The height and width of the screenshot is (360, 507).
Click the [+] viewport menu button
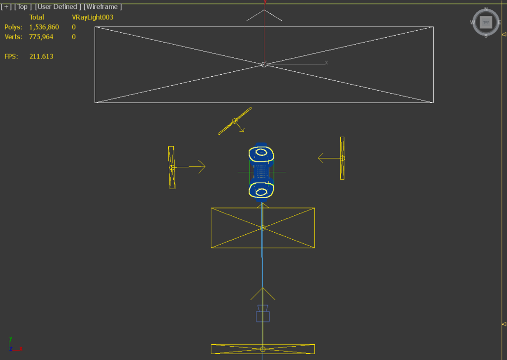(6, 7)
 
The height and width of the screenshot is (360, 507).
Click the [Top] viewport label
(23, 7)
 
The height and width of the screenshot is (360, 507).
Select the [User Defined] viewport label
(58, 7)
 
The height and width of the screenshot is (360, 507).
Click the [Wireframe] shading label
(103, 7)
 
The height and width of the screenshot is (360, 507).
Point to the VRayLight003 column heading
(93, 17)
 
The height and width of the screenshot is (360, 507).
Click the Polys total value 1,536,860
(44, 27)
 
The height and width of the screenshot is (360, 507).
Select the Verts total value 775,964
(41, 37)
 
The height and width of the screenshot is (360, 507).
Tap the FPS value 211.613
(41, 56)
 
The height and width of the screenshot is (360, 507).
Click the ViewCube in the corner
(486, 22)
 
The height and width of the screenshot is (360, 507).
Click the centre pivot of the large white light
(264, 65)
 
